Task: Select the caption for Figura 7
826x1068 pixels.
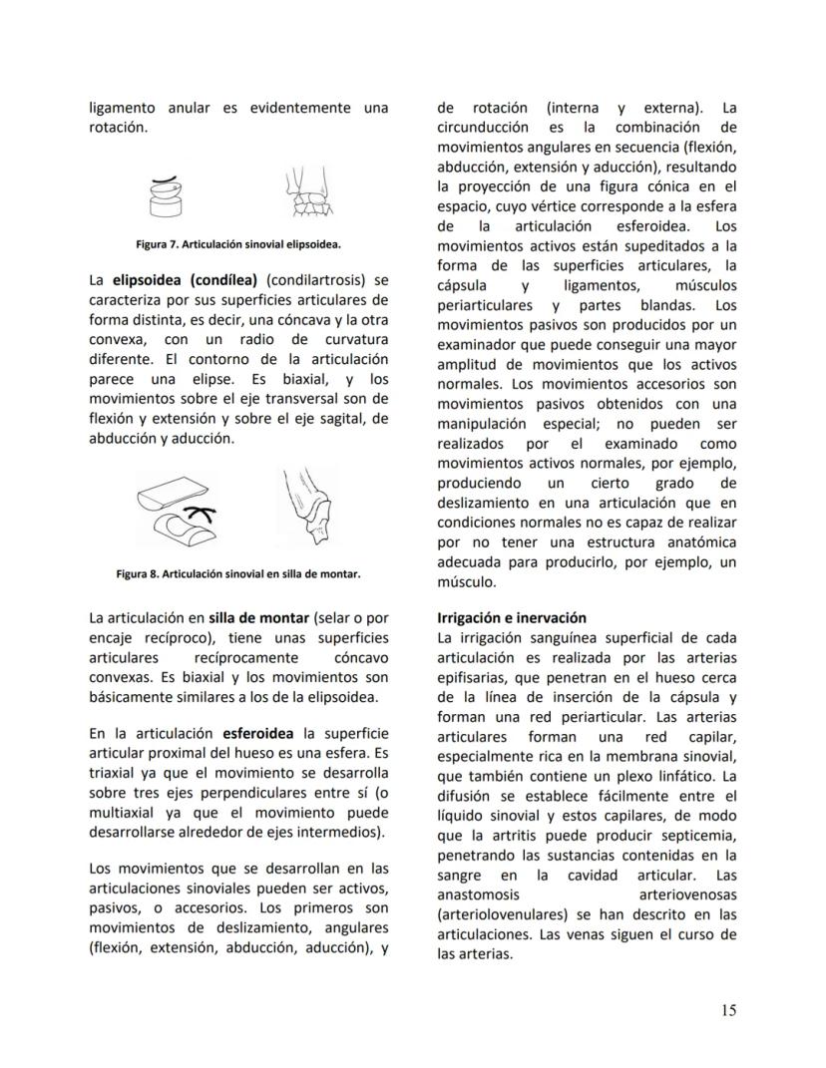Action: pos(238,243)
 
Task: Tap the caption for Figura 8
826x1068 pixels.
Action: pos(238,574)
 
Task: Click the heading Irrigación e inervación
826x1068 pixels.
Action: pos(512,618)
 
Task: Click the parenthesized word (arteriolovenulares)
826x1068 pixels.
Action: pos(507,914)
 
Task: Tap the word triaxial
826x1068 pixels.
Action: pos(118,773)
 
